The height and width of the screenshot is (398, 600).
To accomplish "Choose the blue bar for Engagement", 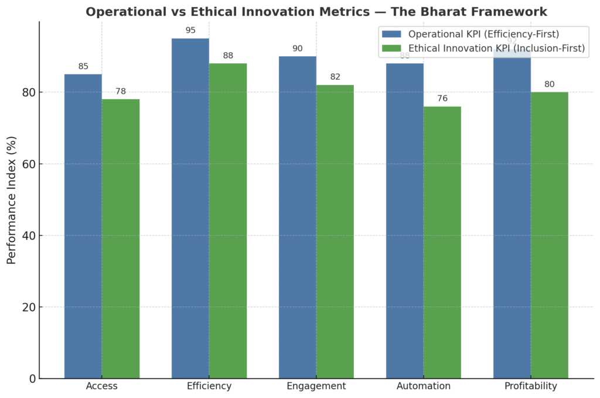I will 297,217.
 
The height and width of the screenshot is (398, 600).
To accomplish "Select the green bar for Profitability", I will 550,235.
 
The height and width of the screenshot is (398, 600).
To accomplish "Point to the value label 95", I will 190,30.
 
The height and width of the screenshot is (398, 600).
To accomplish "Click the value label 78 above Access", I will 121,91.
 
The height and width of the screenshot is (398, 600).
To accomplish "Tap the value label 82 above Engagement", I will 335,77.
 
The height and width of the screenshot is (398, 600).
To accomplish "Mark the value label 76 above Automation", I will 442,98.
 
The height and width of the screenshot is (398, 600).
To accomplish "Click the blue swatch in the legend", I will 391,33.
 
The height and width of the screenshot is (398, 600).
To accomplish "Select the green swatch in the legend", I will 391,48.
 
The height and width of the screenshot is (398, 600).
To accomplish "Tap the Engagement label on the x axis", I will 316,386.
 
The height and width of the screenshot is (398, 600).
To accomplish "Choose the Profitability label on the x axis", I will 531,386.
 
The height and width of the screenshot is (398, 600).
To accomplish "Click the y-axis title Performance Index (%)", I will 12,200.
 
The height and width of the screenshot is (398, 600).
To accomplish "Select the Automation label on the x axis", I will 424,386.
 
